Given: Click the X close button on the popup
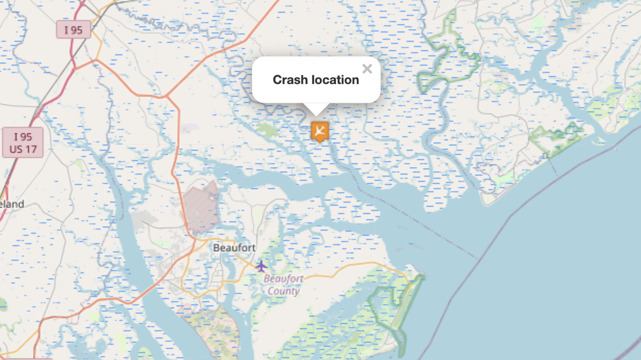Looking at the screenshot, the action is pos(367,68).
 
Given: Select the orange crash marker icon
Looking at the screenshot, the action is pos(319,130).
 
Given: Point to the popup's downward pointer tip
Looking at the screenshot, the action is pos(316,114).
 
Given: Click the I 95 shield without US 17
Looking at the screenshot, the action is pos(73,30).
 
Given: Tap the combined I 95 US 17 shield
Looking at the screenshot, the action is pos(23,143).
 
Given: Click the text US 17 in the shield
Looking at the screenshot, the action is pos(23,149).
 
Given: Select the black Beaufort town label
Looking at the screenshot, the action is pos(234,248).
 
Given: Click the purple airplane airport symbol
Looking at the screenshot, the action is pos(261,265).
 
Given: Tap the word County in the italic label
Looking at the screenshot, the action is pos(283,291).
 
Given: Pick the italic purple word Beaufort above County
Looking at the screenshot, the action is pos(283,279).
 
